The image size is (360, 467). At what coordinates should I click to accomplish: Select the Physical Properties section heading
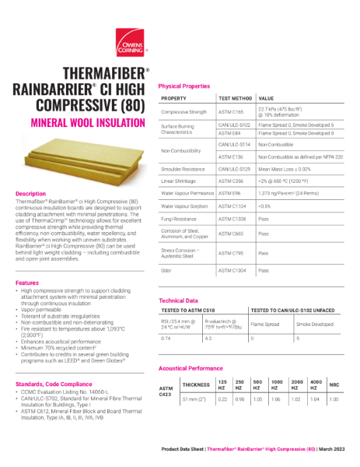coord(184,86)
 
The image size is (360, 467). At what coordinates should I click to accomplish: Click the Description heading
coord(31,193)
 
